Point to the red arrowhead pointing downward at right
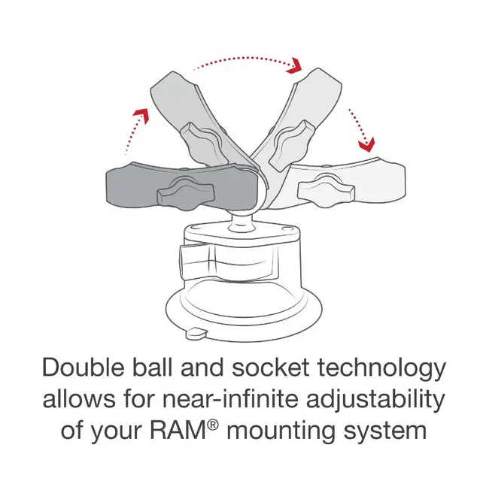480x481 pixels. pos(366,143)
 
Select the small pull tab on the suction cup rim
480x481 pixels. pos(197,332)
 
